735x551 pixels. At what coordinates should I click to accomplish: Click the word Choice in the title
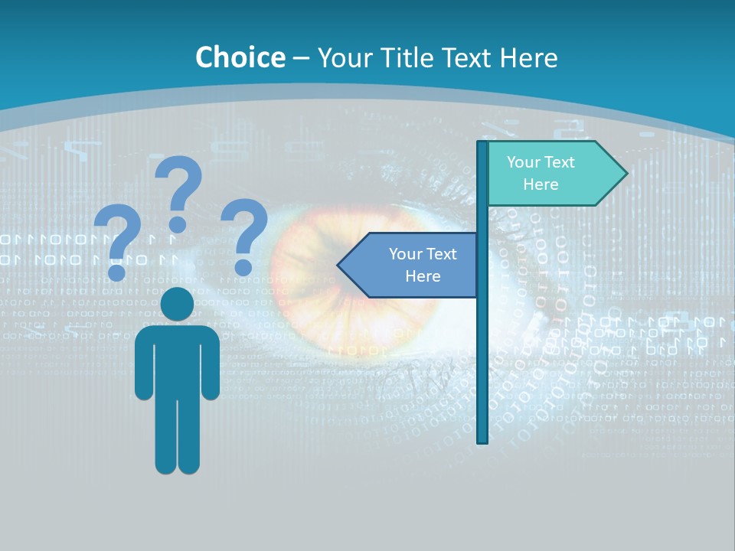tap(240, 57)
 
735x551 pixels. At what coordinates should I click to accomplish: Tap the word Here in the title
tap(528, 57)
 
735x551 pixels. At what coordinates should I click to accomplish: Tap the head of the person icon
tap(178, 305)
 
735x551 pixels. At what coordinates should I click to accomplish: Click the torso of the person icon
tap(178, 360)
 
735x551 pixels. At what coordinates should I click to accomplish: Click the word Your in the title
tap(342, 57)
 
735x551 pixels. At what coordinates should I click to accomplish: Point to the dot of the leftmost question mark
tap(117, 271)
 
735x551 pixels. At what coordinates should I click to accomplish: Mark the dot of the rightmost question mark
tap(243, 267)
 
